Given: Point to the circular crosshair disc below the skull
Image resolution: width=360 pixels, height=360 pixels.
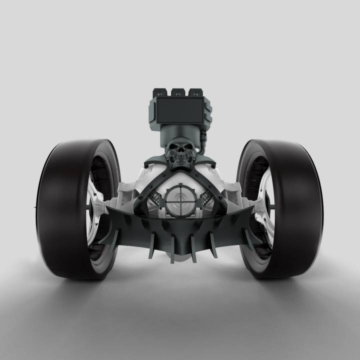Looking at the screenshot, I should click(180, 200).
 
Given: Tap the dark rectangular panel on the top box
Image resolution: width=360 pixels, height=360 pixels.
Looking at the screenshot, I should click(180, 110).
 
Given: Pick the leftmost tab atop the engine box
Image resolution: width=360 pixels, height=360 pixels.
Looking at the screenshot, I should click(161, 92).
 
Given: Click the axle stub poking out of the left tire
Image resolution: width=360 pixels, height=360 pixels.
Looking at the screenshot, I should click(35, 206).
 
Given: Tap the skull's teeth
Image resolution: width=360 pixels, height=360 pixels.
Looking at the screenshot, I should click(180, 162).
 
